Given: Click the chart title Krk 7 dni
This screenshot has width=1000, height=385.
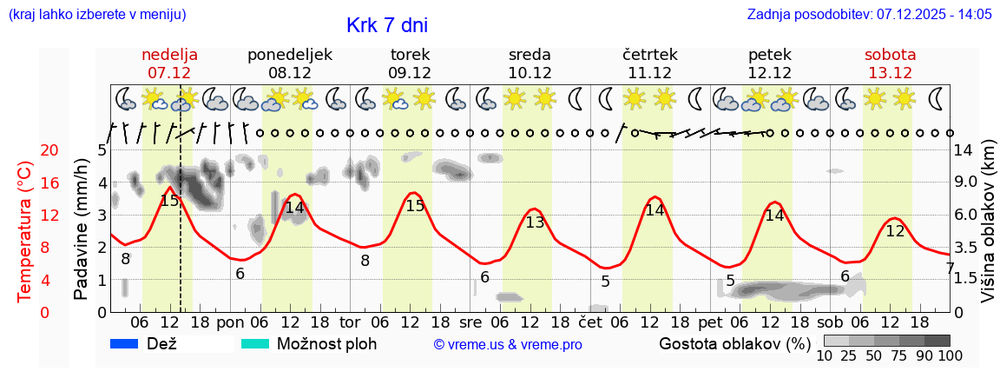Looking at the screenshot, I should [x=386, y=25].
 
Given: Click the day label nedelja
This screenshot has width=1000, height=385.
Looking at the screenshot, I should [x=169, y=55].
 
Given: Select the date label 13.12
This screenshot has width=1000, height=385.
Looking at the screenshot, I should [x=890, y=73].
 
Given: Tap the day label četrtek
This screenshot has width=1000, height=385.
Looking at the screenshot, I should [x=650, y=55].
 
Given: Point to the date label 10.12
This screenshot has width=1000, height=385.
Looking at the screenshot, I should [x=529, y=73].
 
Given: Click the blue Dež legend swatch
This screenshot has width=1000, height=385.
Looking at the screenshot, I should [x=125, y=344].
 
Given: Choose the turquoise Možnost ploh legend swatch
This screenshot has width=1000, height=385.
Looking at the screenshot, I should [x=255, y=344].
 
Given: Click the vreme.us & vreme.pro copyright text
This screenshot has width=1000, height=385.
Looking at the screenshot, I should [x=508, y=345].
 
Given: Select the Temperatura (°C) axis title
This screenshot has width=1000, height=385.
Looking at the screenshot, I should [x=25, y=231].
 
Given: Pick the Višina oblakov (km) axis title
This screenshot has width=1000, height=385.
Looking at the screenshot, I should [x=989, y=231].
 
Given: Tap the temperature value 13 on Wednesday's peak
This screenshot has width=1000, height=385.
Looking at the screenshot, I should [x=535, y=222].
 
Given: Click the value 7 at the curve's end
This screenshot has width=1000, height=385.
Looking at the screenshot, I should [x=950, y=269].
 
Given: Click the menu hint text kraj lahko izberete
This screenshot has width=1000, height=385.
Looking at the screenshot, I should [x=96, y=15].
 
